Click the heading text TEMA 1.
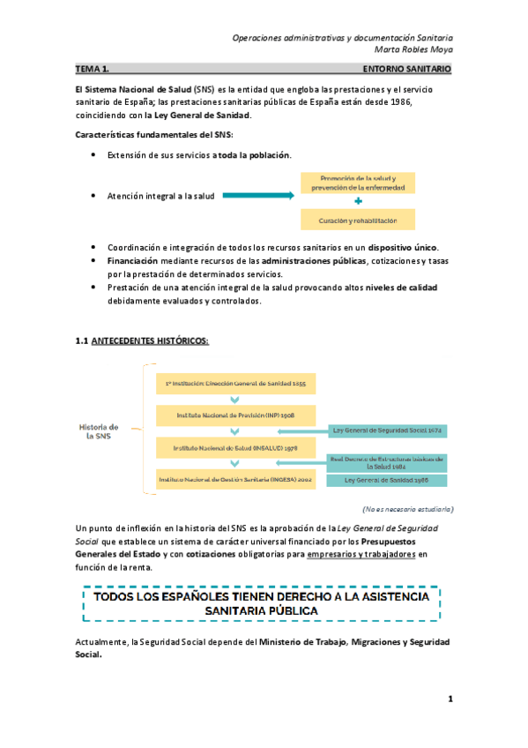pyautogui.click(x=93, y=68)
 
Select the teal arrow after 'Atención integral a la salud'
pyautogui.click(x=258, y=196)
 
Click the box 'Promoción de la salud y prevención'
pyautogui.click(x=358, y=183)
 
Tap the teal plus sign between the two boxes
pyautogui.click(x=358, y=201)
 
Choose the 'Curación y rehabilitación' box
pyautogui.click(x=358, y=220)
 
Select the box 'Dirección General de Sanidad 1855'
pyautogui.click(x=235, y=385)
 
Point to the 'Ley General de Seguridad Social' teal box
pyautogui.click(x=386, y=430)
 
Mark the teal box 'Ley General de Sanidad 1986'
pyautogui.click(x=386, y=481)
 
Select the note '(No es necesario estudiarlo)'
pyautogui.click(x=407, y=509)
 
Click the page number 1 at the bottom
pyautogui.click(x=450, y=699)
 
